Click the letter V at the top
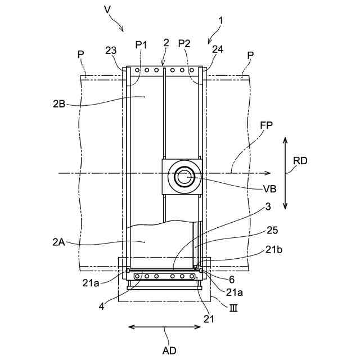(107, 9)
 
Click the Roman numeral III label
(233, 307)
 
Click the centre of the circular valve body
(183, 177)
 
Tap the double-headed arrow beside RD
(285, 173)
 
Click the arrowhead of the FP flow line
(269, 173)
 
